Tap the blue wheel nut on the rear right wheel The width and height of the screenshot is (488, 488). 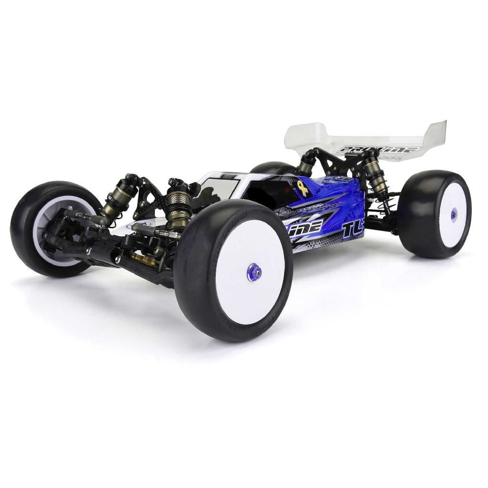click(453, 215)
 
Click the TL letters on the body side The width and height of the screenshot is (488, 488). click(352, 230)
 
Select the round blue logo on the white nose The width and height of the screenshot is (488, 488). click(144, 224)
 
